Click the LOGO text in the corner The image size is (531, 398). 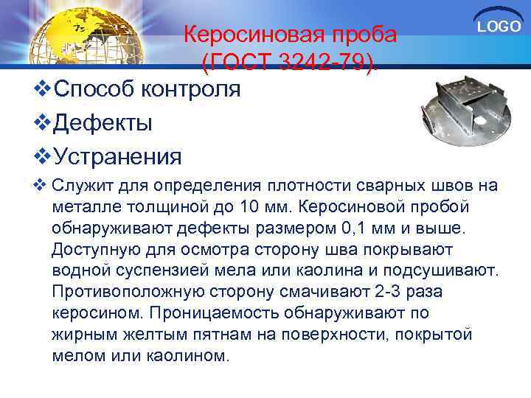(x=499, y=27)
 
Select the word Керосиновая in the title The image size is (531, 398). (x=243, y=35)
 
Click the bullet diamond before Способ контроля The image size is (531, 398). (x=42, y=90)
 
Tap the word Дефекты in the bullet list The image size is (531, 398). (x=103, y=123)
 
